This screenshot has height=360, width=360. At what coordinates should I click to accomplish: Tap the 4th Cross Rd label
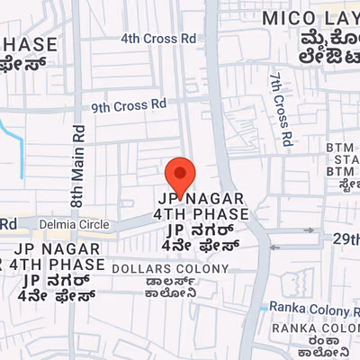coord(157,39)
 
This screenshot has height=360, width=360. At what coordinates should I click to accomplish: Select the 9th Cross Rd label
coord(129,105)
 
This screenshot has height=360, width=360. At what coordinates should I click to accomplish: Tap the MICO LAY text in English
coord(310,17)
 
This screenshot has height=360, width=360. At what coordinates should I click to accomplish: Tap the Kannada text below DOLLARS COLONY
coord(180,287)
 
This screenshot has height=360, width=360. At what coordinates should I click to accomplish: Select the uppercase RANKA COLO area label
coord(315,328)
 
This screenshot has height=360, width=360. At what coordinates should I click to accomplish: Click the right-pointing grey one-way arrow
coord(310,230)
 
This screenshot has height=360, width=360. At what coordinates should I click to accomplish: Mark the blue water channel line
coord(13,144)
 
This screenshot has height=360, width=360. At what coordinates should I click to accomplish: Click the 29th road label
coord(345,238)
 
